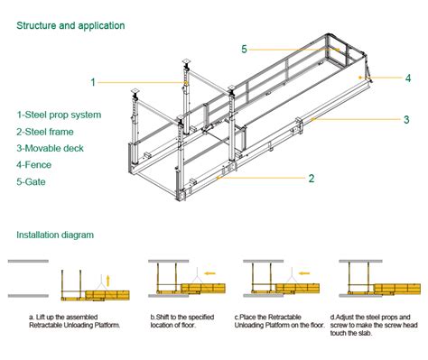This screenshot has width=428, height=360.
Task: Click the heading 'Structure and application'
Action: [70, 26]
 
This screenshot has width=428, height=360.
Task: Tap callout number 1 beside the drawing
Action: [93, 82]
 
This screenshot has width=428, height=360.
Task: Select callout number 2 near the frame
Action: [312, 179]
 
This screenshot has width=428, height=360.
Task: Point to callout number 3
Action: [406, 118]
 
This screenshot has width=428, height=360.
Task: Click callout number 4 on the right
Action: [408, 78]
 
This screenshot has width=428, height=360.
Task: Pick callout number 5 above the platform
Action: [244, 49]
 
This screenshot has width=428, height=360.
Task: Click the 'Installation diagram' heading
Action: [55, 235]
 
